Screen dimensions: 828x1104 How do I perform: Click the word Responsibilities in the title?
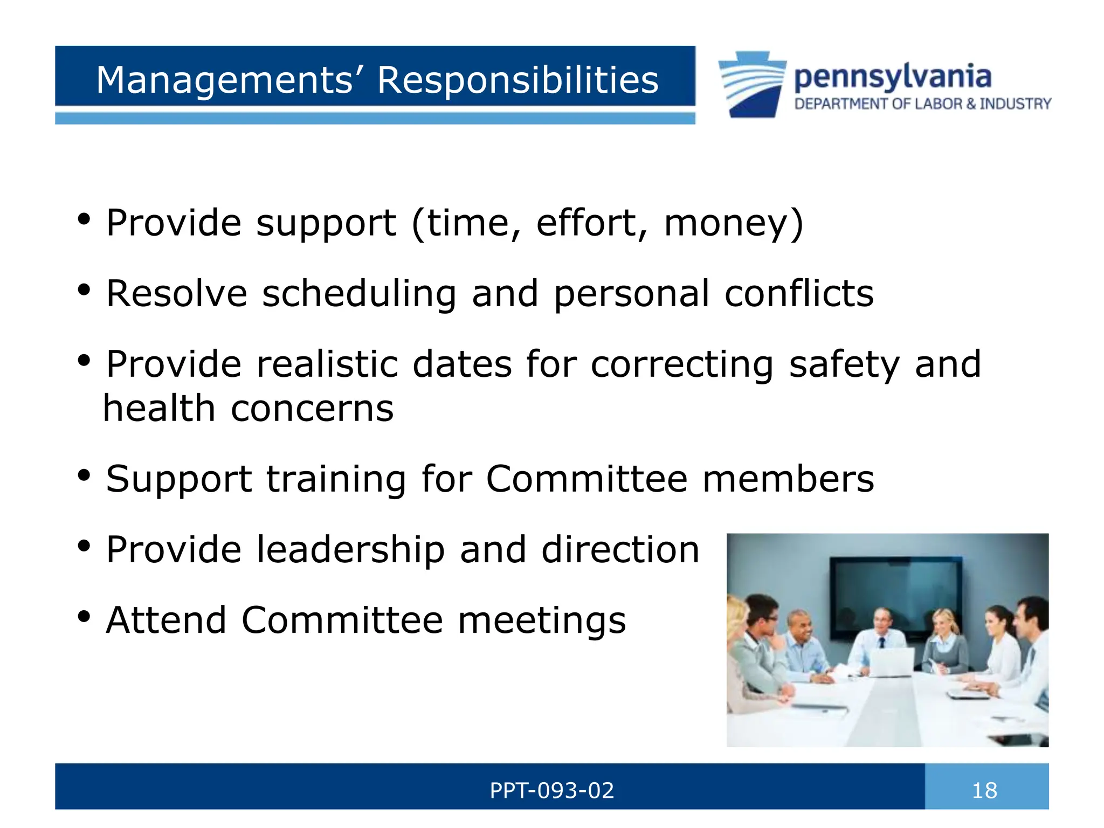click(517, 80)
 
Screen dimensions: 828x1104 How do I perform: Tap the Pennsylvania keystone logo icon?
click(753, 84)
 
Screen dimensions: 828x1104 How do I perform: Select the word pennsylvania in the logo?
click(893, 77)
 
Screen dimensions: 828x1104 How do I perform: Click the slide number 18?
click(984, 791)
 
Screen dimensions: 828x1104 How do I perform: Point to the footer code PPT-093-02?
click(551, 791)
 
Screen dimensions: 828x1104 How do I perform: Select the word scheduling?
click(359, 294)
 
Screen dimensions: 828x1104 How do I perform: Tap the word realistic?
click(327, 364)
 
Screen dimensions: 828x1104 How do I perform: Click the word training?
click(336, 479)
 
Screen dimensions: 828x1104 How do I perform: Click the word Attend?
click(166, 620)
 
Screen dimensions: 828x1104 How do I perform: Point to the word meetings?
click(542, 620)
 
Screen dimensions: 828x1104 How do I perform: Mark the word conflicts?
click(799, 294)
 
